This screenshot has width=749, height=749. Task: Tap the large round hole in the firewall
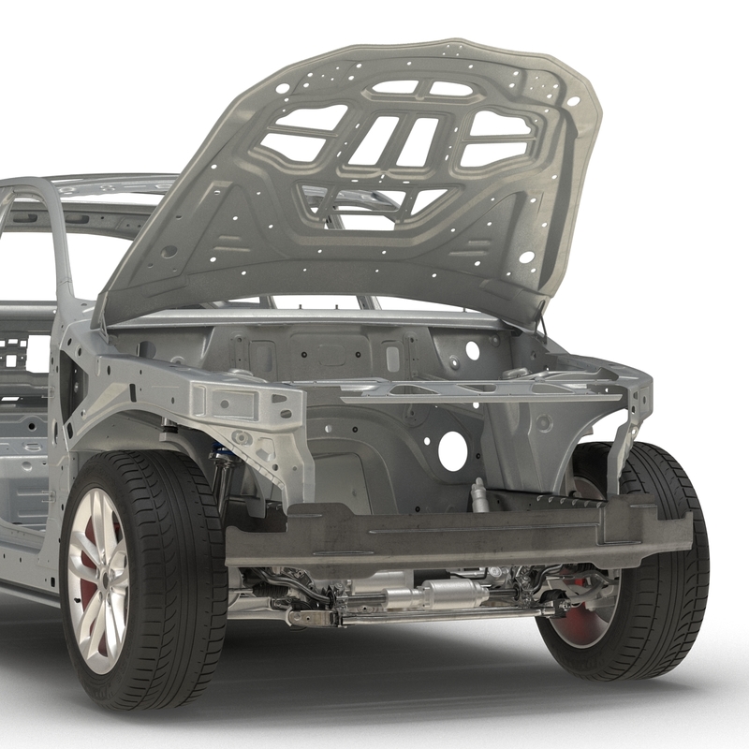coord(452,451)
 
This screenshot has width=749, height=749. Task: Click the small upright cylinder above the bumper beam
coord(480,496)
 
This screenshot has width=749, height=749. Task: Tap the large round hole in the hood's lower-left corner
coord(169,252)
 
